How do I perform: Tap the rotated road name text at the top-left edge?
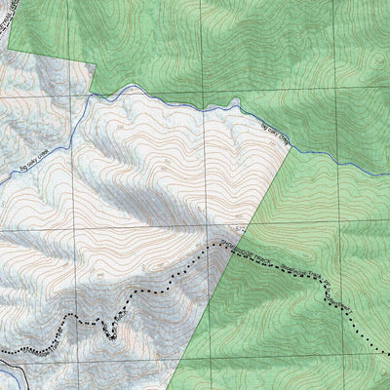click(13, 24)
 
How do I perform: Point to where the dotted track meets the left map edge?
click(1, 349)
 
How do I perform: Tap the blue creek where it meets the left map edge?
click(1, 184)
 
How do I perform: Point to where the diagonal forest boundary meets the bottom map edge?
click(179, 389)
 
